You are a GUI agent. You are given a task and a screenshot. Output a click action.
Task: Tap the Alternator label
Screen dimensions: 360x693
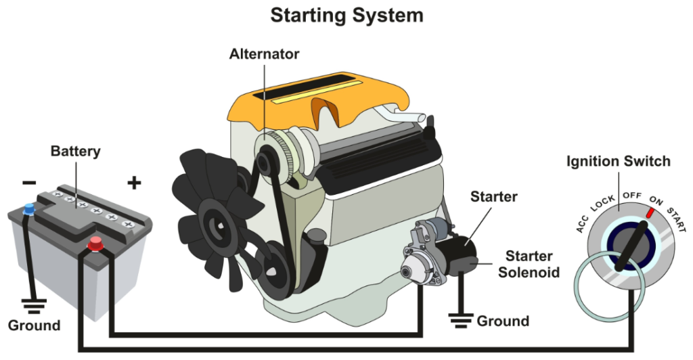tap(264, 53)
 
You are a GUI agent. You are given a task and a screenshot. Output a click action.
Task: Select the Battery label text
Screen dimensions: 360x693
tap(75, 151)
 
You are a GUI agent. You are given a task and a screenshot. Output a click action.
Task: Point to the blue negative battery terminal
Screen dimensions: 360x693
tap(28, 209)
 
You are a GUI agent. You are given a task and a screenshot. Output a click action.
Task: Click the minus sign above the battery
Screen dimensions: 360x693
tap(29, 183)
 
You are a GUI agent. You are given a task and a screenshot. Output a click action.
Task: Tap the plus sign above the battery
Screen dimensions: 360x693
tap(135, 182)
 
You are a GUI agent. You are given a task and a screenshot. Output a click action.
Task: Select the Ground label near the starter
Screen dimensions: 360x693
tap(503, 321)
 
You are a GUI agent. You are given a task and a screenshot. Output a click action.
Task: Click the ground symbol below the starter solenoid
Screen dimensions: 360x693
tap(461, 316)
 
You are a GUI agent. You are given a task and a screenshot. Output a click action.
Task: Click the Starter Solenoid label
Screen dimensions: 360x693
tap(534, 265)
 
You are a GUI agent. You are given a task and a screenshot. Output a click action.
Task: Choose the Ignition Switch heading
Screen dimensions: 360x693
tap(618, 162)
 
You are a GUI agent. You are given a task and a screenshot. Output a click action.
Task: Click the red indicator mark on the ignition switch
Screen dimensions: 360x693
tap(650, 212)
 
